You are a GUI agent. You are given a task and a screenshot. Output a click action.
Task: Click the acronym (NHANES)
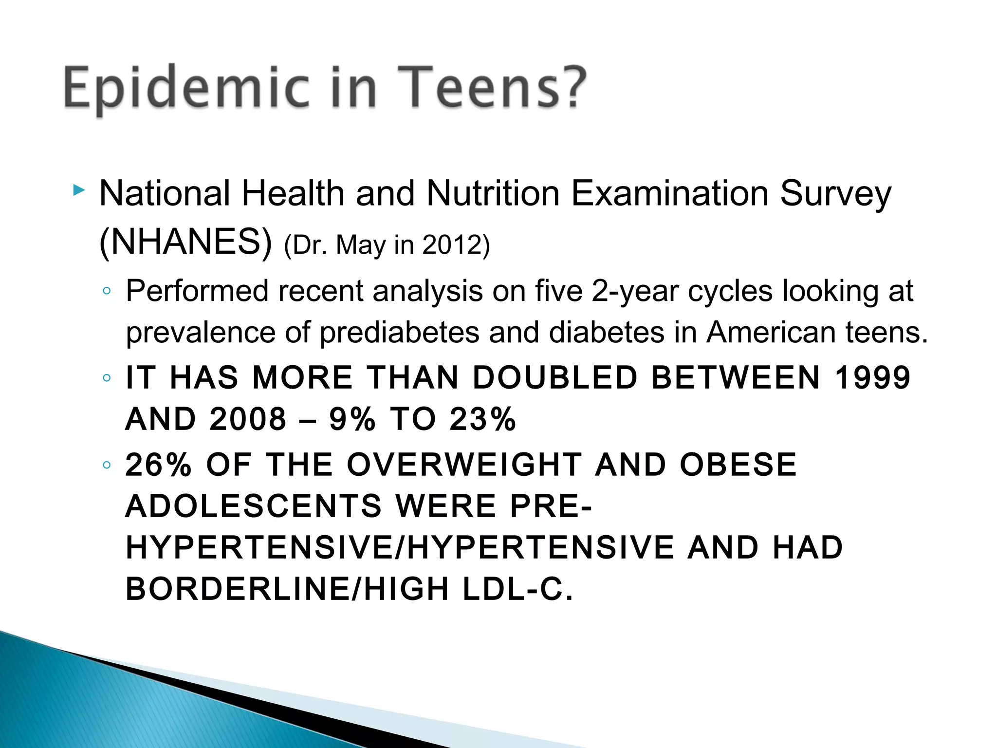click(185, 242)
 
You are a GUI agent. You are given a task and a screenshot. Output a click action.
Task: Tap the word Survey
click(835, 194)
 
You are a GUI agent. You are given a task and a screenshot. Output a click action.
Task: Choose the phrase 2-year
click(634, 291)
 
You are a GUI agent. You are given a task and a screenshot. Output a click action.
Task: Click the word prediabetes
click(399, 333)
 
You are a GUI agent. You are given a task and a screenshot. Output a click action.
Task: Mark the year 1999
click(872, 377)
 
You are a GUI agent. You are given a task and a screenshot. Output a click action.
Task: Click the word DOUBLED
click(555, 377)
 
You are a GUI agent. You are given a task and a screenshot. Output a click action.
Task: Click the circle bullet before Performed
click(107, 292)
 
